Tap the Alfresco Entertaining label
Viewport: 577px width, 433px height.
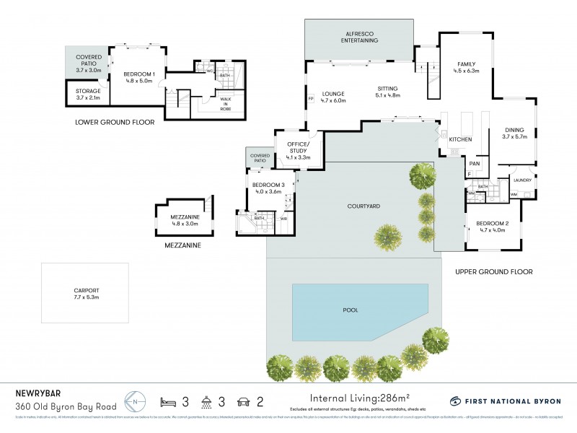[x=359, y=37]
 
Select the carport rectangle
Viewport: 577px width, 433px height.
[x=85, y=293]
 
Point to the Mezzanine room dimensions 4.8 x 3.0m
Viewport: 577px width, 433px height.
[x=185, y=224]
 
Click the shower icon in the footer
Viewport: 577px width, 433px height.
[x=207, y=401]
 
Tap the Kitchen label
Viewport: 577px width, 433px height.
[x=460, y=139]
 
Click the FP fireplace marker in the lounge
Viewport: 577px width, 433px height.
[x=311, y=99]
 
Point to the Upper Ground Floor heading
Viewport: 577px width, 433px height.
[x=494, y=272]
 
